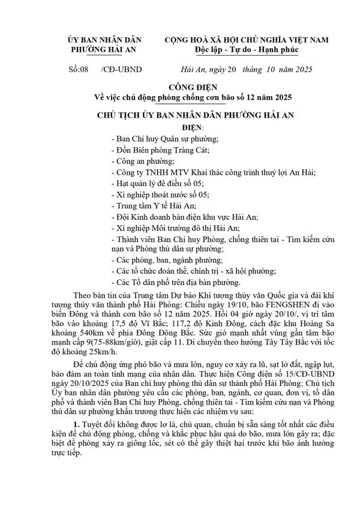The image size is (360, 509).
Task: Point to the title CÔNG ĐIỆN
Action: (x=179, y=86)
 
